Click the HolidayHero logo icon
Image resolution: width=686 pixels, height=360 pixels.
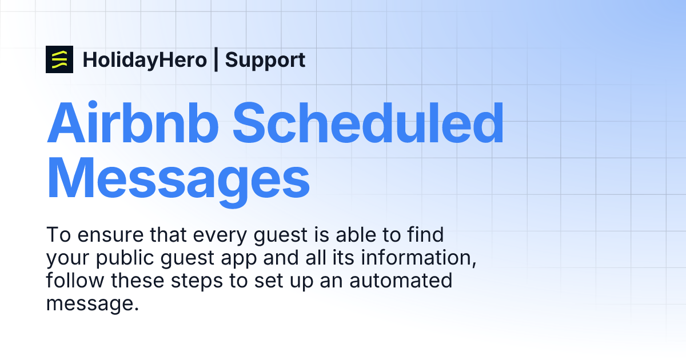(59, 59)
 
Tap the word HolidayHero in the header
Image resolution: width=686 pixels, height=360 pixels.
(145, 59)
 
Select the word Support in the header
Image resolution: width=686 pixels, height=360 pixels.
(265, 59)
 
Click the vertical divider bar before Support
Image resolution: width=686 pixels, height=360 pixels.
(216, 59)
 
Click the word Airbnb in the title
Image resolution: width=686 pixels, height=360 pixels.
(132, 124)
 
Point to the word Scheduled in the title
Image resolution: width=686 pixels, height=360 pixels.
(368, 124)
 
